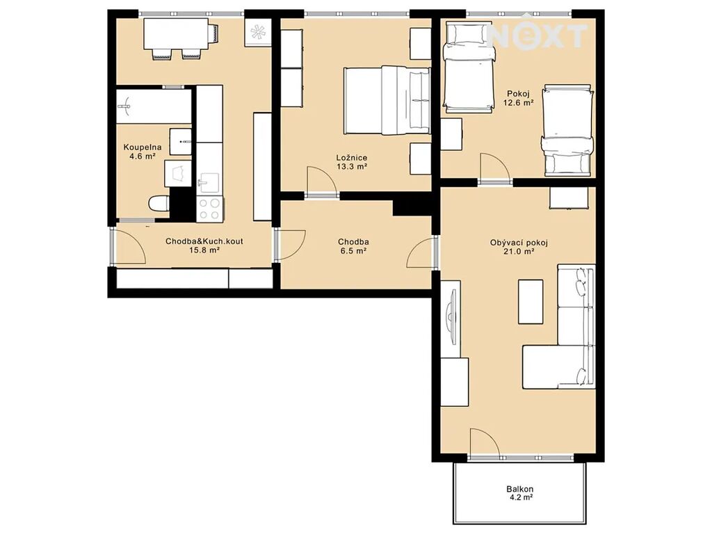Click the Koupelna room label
tap(142, 147)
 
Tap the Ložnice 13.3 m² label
tap(351, 162)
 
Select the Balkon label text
tap(520, 489)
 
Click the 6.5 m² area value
tap(353, 250)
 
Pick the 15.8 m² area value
tap(204, 250)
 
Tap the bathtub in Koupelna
tap(154, 106)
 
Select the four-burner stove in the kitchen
tap(209, 209)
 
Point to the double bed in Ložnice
tap(387, 100)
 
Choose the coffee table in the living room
tap(531, 302)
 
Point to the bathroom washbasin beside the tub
tap(181, 141)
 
